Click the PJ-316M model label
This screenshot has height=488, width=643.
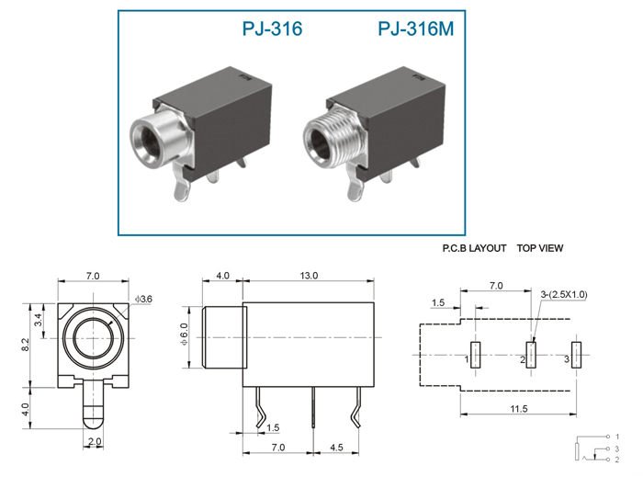[x=416, y=28]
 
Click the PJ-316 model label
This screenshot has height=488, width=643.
[x=272, y=28]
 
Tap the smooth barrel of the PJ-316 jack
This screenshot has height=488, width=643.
[x=156, y=140]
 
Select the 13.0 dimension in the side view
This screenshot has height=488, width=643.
[x=309, y=276]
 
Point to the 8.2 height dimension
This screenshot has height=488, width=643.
[x=26, y=344]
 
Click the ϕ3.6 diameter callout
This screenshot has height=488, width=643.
[x=143, y=299]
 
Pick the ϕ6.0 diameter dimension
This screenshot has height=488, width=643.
[x=184, y=335]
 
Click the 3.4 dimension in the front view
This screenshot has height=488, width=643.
[x=38, y=319]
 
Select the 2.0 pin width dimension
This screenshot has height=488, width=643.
[x=95, y=442]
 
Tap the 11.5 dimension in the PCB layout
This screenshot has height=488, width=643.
[x=519, y=409]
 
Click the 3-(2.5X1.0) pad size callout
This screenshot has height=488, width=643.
[x=564, y=294]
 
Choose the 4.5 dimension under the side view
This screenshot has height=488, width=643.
[x=336, y=447]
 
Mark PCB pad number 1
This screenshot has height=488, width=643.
[x=476, y=355]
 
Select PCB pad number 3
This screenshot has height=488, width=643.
[x=576, y=355]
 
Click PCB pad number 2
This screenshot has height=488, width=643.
[x=531, y=355]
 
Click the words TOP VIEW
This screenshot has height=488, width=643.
[x=540, y=248]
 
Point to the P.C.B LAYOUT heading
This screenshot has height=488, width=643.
[x=474, y=248]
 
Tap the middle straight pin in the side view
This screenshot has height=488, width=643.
[x=313, y=407]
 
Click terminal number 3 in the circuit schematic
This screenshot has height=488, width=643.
[x=616, y=449]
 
